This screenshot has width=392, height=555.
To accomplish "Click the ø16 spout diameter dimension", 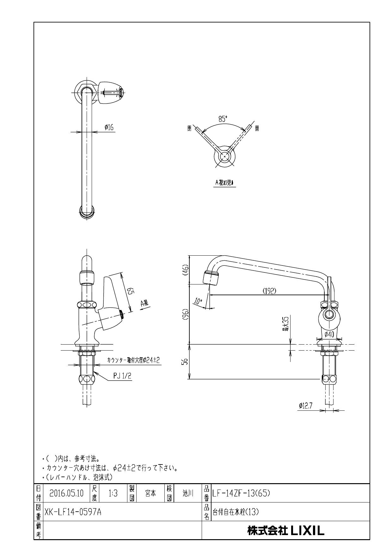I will click(x=109, y=128).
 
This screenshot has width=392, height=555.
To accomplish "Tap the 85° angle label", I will click(x=223, y=119).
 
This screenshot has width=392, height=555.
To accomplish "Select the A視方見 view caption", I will click(x=224, y=183).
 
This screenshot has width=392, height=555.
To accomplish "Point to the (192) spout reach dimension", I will click(x=269, y=291).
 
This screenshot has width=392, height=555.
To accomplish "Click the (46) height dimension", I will click(x=186, y=270).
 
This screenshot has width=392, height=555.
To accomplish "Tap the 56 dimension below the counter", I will click(x=186, y=361).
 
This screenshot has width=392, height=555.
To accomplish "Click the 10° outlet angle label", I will click(x=198, y=301).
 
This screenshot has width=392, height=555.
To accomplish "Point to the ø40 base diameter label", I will click(x=329, y=334).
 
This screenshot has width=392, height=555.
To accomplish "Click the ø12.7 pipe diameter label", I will click(x=305, y=406).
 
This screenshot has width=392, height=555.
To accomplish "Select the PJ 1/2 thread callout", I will click(x=122, y=376).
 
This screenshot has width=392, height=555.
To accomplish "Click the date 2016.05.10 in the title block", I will click(x=66, y=493).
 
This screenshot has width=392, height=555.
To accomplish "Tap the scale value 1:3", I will click(x=113, y=493).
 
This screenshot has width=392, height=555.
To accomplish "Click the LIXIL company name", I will click(x=285, y=531).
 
